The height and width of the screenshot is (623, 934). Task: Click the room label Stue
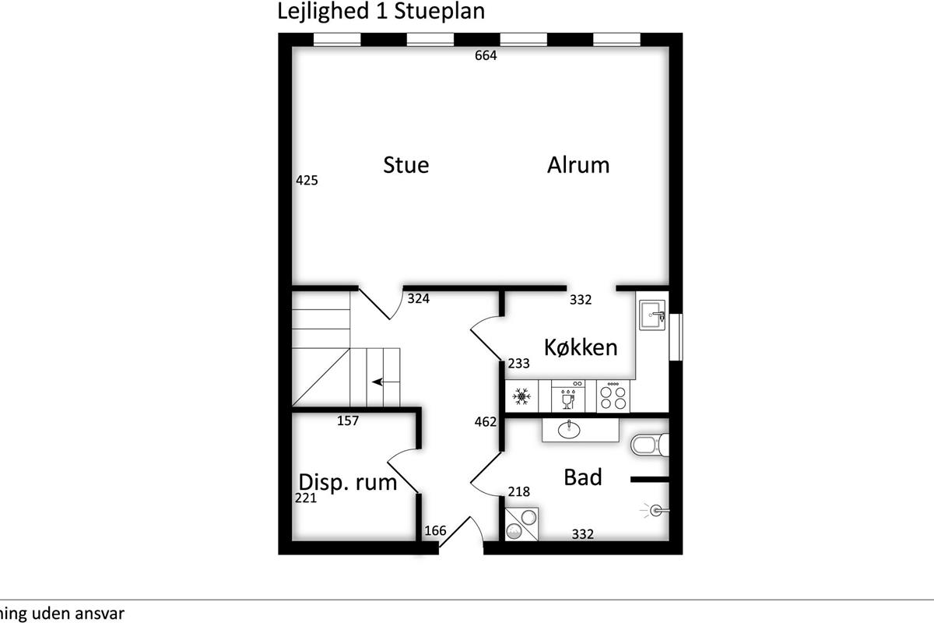click(406, 165)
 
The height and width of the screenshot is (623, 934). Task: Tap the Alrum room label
click(578, 165)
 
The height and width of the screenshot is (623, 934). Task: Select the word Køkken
click(581, 347)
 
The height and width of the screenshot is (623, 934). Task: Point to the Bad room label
click(583, 477)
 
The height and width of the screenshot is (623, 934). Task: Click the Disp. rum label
click(348, 482)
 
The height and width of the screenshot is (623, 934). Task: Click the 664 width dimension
click(486, 55)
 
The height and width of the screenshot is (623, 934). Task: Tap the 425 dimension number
click(307, 180)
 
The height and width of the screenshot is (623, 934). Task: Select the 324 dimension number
click(419, 298)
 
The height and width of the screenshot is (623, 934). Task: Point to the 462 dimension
click(486, 422)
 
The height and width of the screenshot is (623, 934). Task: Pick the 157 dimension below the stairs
click(348, 421)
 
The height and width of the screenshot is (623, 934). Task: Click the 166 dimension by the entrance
click(435, 531)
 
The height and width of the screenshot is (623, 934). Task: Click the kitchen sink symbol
click(652, 315)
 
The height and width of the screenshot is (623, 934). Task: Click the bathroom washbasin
click(570, 429)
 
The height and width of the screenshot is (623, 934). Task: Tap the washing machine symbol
click(522, 524)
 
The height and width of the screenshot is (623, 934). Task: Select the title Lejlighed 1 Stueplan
click(381, 12)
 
